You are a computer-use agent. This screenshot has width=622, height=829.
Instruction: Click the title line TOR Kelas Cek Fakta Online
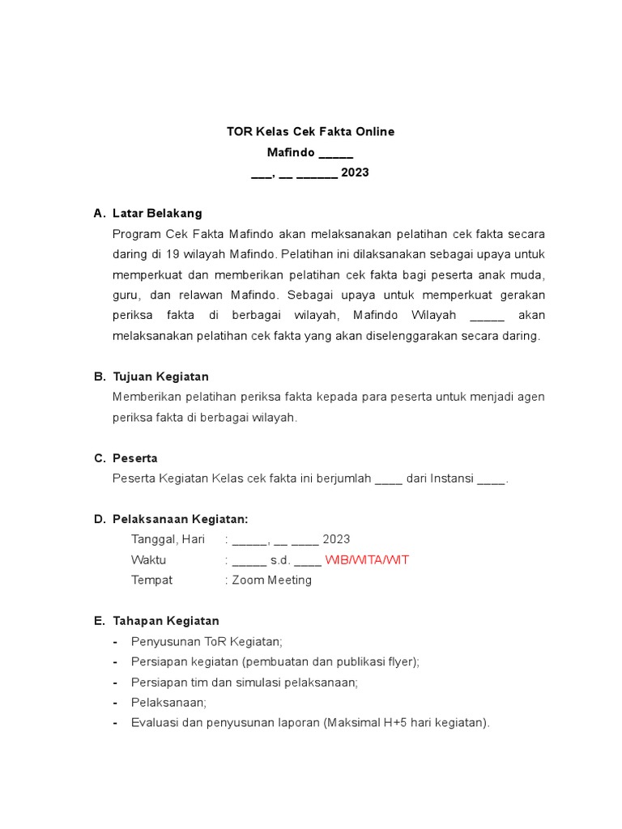click(310, 131)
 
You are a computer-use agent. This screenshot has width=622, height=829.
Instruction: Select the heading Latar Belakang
click(157, 213)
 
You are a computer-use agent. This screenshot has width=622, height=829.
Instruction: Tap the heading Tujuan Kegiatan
click(160, 376)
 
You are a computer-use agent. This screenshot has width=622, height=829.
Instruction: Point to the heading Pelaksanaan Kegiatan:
click(180, 519)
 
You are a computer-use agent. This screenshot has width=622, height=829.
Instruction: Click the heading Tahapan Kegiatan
click(165, 621)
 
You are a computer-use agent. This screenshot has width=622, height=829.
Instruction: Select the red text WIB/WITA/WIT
click(366, 560)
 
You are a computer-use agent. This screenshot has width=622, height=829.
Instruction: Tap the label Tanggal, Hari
click(168, 539)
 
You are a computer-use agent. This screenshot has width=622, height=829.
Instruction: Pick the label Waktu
click(148, 560)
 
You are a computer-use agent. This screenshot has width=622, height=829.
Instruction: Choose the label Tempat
click(151, 580)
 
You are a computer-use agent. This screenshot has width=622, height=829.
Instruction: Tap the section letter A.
click(99, 213)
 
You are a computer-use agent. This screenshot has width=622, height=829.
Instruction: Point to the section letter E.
click(99, 621)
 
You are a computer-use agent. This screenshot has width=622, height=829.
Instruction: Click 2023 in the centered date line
click(355, 172)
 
